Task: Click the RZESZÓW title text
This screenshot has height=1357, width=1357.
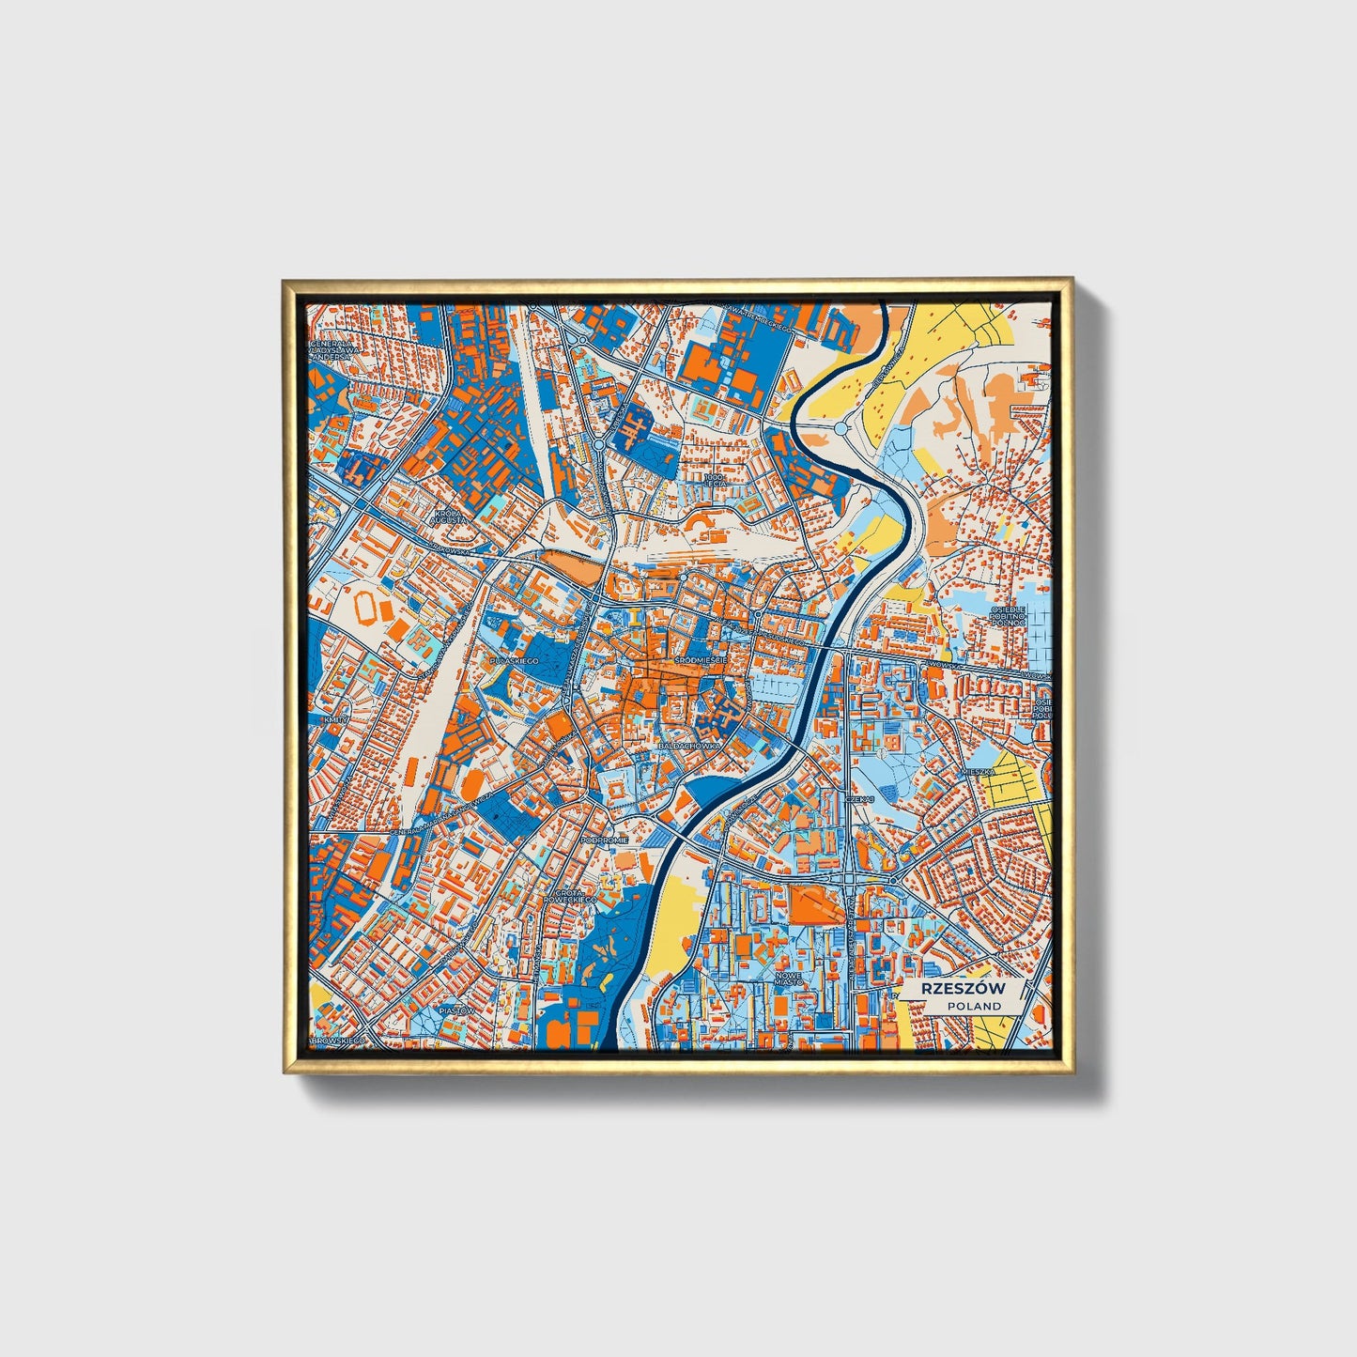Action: tap(963, 988)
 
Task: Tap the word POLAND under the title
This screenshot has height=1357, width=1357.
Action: tap(974, 1006)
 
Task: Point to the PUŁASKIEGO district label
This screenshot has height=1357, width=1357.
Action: tap(514, 662)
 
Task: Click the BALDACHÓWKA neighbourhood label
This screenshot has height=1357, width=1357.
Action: tap(690, 745)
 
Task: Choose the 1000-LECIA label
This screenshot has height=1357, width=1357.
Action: tap(716, 481)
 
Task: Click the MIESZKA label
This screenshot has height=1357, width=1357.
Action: tap(977, 772)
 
